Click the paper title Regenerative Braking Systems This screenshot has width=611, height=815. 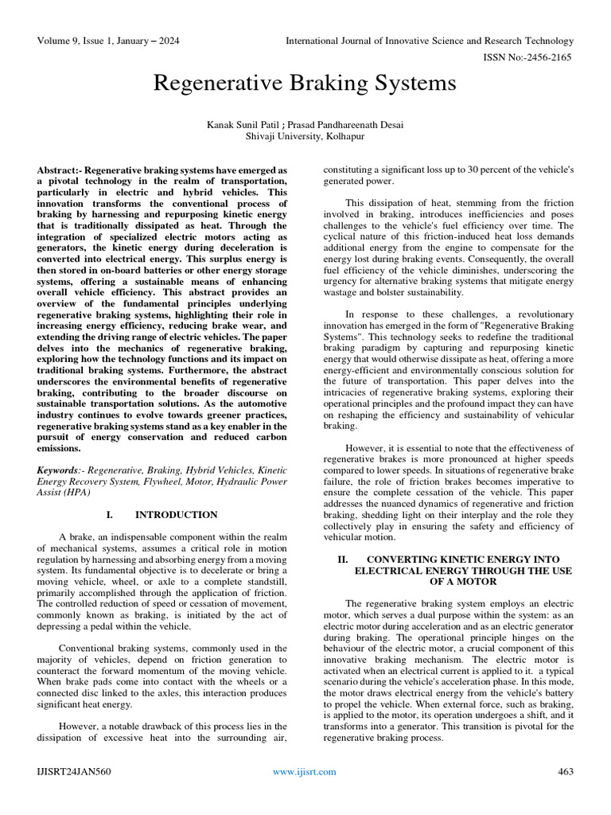tap(305, 84)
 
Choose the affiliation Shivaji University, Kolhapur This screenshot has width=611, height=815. tap(305, 137)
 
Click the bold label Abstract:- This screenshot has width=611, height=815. tap(60, 170)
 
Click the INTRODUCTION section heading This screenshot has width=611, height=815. tap(176, 515)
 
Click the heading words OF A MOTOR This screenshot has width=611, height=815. tap(451, 583)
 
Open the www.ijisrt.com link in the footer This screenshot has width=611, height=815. tap(304, 771)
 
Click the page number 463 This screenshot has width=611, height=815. tap(565, 771)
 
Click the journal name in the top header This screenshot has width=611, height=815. tap(430, 41)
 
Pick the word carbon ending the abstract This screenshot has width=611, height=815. tap(268, 437)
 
